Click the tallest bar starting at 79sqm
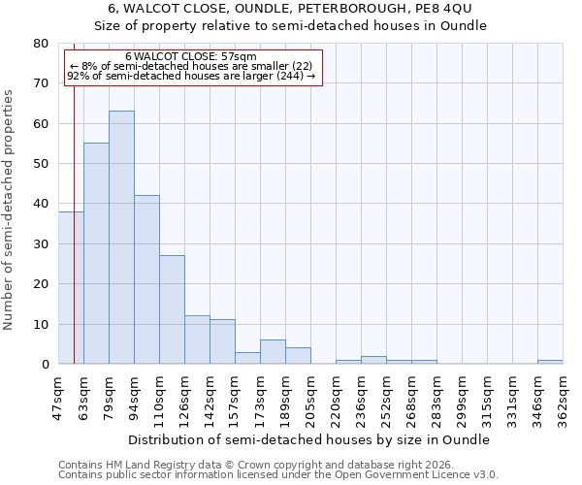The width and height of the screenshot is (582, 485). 121,238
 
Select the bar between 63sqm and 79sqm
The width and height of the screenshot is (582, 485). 96,253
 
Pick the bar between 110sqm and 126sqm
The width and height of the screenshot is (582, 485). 172,309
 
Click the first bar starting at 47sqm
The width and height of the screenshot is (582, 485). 71,288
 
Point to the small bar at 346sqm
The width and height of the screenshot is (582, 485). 550,362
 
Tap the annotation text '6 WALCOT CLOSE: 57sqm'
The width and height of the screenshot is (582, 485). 191,57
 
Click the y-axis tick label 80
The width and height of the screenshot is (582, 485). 41,44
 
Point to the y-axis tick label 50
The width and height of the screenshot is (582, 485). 41,164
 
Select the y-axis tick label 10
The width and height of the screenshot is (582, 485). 41,324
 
